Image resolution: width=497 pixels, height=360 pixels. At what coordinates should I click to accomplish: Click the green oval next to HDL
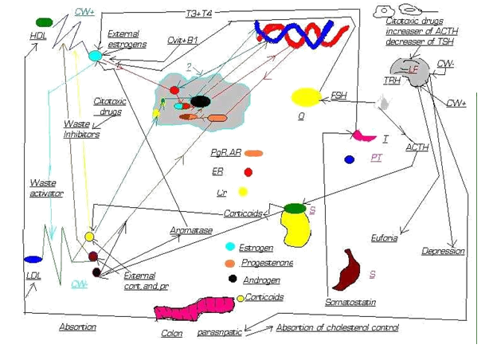click(x=45, y=22)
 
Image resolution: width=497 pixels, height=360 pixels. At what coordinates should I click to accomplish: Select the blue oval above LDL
click(x=33, y=260)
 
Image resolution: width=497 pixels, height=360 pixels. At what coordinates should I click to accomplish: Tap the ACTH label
click(x=417, y=147)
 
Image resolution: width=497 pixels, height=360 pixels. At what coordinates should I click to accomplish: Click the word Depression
click(x=443, y=252)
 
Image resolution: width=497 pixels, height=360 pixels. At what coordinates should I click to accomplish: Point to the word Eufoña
click(x=384, y=237)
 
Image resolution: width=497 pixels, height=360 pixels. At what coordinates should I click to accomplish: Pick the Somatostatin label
click(x=350, y=303)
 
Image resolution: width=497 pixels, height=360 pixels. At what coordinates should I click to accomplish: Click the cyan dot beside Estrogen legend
click(x=229, y=247)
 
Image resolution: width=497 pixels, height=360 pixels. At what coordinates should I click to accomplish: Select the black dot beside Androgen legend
click(x=233, y=279)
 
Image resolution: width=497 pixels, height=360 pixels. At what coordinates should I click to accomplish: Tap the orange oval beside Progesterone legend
click(x=230, y=263)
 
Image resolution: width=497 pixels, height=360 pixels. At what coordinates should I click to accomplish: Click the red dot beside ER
click(x=248, y=172)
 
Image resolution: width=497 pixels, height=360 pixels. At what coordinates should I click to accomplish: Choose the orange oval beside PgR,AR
click(x=254, y=153)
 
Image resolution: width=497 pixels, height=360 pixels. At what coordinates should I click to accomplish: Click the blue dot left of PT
click(x=349, y=159)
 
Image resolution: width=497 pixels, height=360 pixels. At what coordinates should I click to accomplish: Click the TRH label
click(x=392, y=80)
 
